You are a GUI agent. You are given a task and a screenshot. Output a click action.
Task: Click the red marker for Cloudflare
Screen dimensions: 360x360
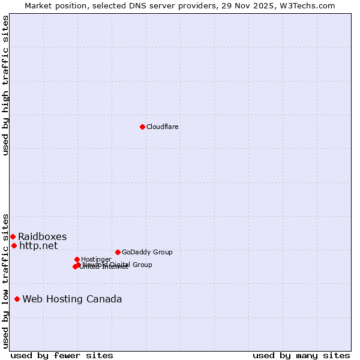tap(142, 127)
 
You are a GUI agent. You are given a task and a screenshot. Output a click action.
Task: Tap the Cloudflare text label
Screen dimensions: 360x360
tap(163, 127)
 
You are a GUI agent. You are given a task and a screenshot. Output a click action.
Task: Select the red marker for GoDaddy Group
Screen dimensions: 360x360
tap(118, 252)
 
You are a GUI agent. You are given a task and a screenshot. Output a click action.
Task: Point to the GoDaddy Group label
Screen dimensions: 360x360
tap(147, 252)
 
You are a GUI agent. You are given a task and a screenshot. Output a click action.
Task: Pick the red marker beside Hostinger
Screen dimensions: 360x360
tap(77, 259)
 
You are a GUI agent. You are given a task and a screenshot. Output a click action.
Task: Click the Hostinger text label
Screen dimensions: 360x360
tap(96, 259)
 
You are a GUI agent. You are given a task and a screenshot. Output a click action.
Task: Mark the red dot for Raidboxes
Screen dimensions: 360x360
tap(13, 236)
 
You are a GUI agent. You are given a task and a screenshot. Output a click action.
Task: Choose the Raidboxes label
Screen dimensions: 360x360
tap(42, 236)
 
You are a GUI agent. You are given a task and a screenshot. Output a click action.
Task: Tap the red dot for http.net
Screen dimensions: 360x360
tap(14, 245)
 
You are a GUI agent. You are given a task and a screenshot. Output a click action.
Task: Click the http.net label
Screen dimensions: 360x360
tap(38, 245)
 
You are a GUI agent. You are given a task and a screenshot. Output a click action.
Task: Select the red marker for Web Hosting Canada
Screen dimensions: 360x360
tap(17, 299)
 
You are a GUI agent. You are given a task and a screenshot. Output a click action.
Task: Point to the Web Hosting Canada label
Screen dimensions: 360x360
tap(72, 299)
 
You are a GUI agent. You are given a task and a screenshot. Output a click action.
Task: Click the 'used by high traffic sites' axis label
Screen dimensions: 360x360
tap(5, 86)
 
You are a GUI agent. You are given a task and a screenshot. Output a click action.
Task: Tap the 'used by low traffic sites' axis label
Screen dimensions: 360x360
tap(5, 280)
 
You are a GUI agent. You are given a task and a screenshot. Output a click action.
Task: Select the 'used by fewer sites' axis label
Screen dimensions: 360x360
tap(62, 355)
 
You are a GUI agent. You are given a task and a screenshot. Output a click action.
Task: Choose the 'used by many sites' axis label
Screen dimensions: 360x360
tap(301, 355)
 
